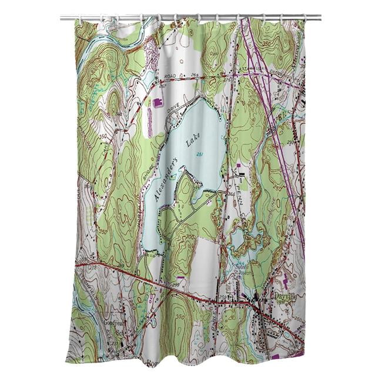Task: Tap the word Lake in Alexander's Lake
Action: click(x=192, y=140)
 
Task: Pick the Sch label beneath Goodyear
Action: click(x=121, y=332)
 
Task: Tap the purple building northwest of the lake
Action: click(x=157, y=103)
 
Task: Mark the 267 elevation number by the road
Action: click(x=162, y=85)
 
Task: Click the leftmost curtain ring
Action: click(x=81, y=19)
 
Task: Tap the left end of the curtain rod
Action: click(x=62, y=18)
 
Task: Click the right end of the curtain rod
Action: click(x=320, y=18)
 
